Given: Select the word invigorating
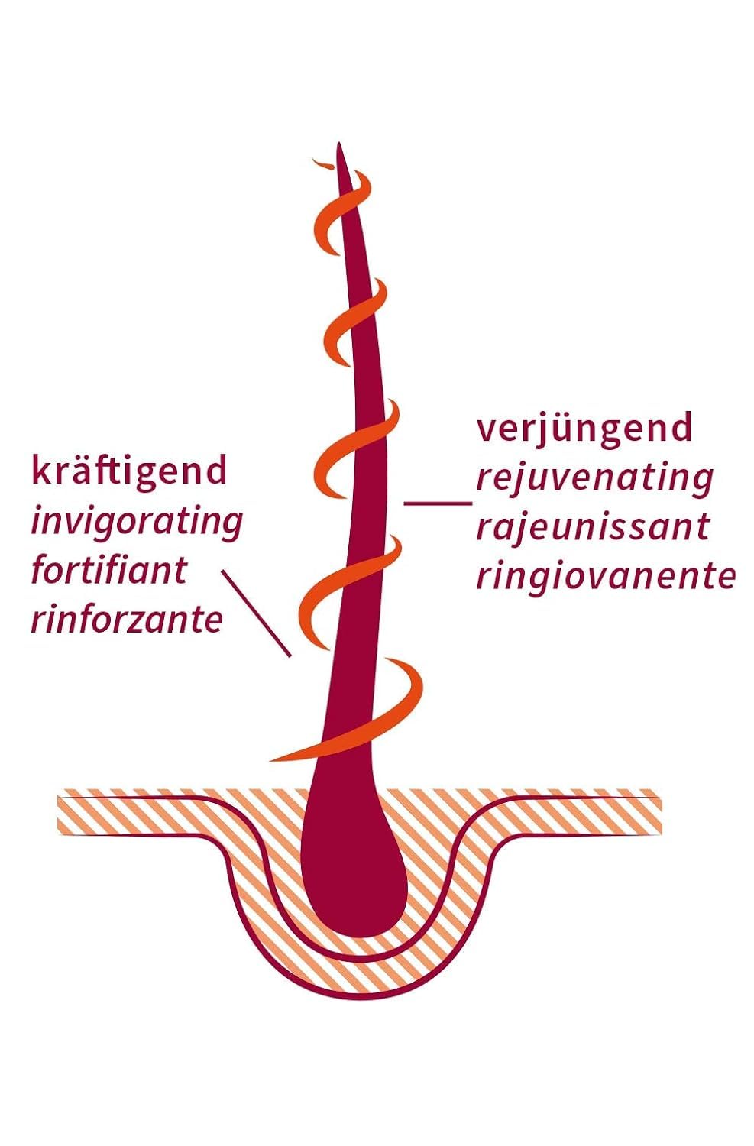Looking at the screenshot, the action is point(137,523).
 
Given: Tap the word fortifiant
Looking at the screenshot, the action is point(109,571).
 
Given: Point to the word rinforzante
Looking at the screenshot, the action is point(127,620).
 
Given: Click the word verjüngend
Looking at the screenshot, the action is point(584,429).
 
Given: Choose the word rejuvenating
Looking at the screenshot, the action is point(595,479).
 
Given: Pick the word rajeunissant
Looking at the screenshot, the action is point(593,527).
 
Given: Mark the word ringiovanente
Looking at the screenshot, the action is point(606,578).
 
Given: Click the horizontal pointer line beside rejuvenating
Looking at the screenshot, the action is point(438,503).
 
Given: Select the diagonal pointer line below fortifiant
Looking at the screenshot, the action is point(256,613).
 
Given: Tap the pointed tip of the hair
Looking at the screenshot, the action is point(338,144).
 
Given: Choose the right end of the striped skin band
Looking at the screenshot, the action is point(660,811).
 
